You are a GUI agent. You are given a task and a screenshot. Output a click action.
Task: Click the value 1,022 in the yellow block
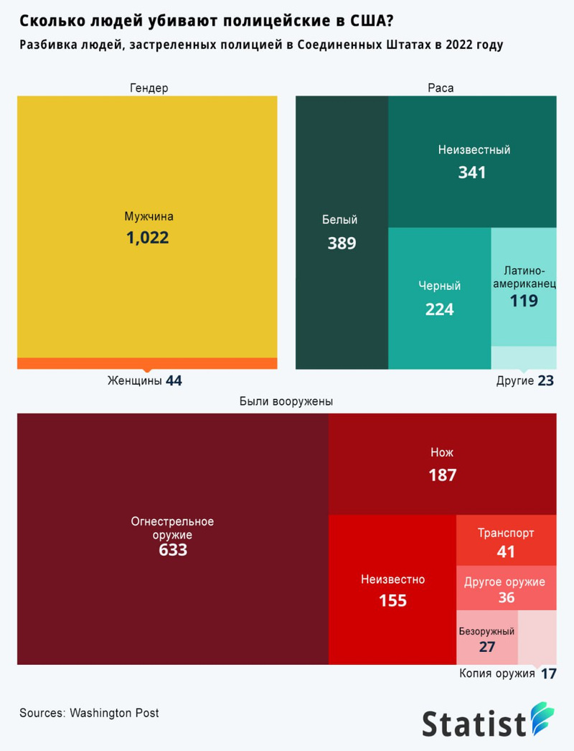click(x=147, y=238)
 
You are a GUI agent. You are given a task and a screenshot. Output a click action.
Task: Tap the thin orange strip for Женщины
click(x=147, y=363)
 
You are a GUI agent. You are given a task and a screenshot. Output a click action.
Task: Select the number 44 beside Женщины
click(x=174, y=381)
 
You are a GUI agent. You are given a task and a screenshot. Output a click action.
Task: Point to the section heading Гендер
click(x=149, y=88)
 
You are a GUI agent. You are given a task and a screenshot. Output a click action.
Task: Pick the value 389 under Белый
click(x=342, y=243)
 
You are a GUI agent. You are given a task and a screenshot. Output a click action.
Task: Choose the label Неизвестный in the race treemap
click(x=474, y=150)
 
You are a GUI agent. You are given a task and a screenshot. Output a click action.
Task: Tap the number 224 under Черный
click(x=439, y=309)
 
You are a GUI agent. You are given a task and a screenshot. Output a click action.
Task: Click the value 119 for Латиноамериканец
click(x=524, y=301)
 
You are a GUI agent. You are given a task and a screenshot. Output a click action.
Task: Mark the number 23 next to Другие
click(x=545, y=381)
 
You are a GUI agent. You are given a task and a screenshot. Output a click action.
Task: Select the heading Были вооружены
click(x=286, y=402)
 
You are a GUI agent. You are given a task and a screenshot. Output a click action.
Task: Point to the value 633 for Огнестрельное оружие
click(x=173, y=550)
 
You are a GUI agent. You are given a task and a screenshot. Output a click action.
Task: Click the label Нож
click(x=442, y=452)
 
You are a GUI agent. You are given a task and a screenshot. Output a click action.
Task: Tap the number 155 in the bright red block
click(x=392, y=600)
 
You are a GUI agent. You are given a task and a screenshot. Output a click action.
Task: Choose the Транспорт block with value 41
click(x=506, y=543)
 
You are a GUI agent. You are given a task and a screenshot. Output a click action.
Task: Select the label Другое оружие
click(x=504, y=582)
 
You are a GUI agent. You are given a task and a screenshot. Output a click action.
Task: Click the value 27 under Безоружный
click(x=487, y=646)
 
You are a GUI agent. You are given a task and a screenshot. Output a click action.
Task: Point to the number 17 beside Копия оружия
click(x=549, y=674)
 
